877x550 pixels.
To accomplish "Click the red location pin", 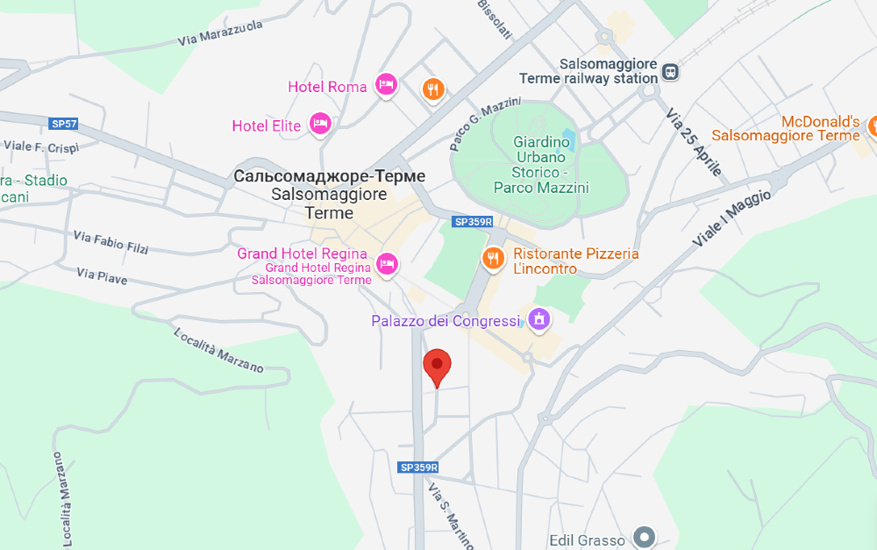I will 437,366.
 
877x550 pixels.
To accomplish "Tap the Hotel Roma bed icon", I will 386,85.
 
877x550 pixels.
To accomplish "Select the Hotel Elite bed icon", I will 320,124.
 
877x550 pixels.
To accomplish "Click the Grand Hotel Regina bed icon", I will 386,262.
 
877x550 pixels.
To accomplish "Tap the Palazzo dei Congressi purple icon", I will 539,320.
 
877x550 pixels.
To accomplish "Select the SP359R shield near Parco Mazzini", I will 473,222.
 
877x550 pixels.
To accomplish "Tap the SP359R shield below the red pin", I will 418,468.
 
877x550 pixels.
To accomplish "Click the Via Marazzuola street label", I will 219,36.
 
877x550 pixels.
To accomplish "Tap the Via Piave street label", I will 102,276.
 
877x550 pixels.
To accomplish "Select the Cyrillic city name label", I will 330,176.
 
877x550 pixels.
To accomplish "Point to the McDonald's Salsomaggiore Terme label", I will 786,128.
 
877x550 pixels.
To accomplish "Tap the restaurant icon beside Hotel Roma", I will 433,89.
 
